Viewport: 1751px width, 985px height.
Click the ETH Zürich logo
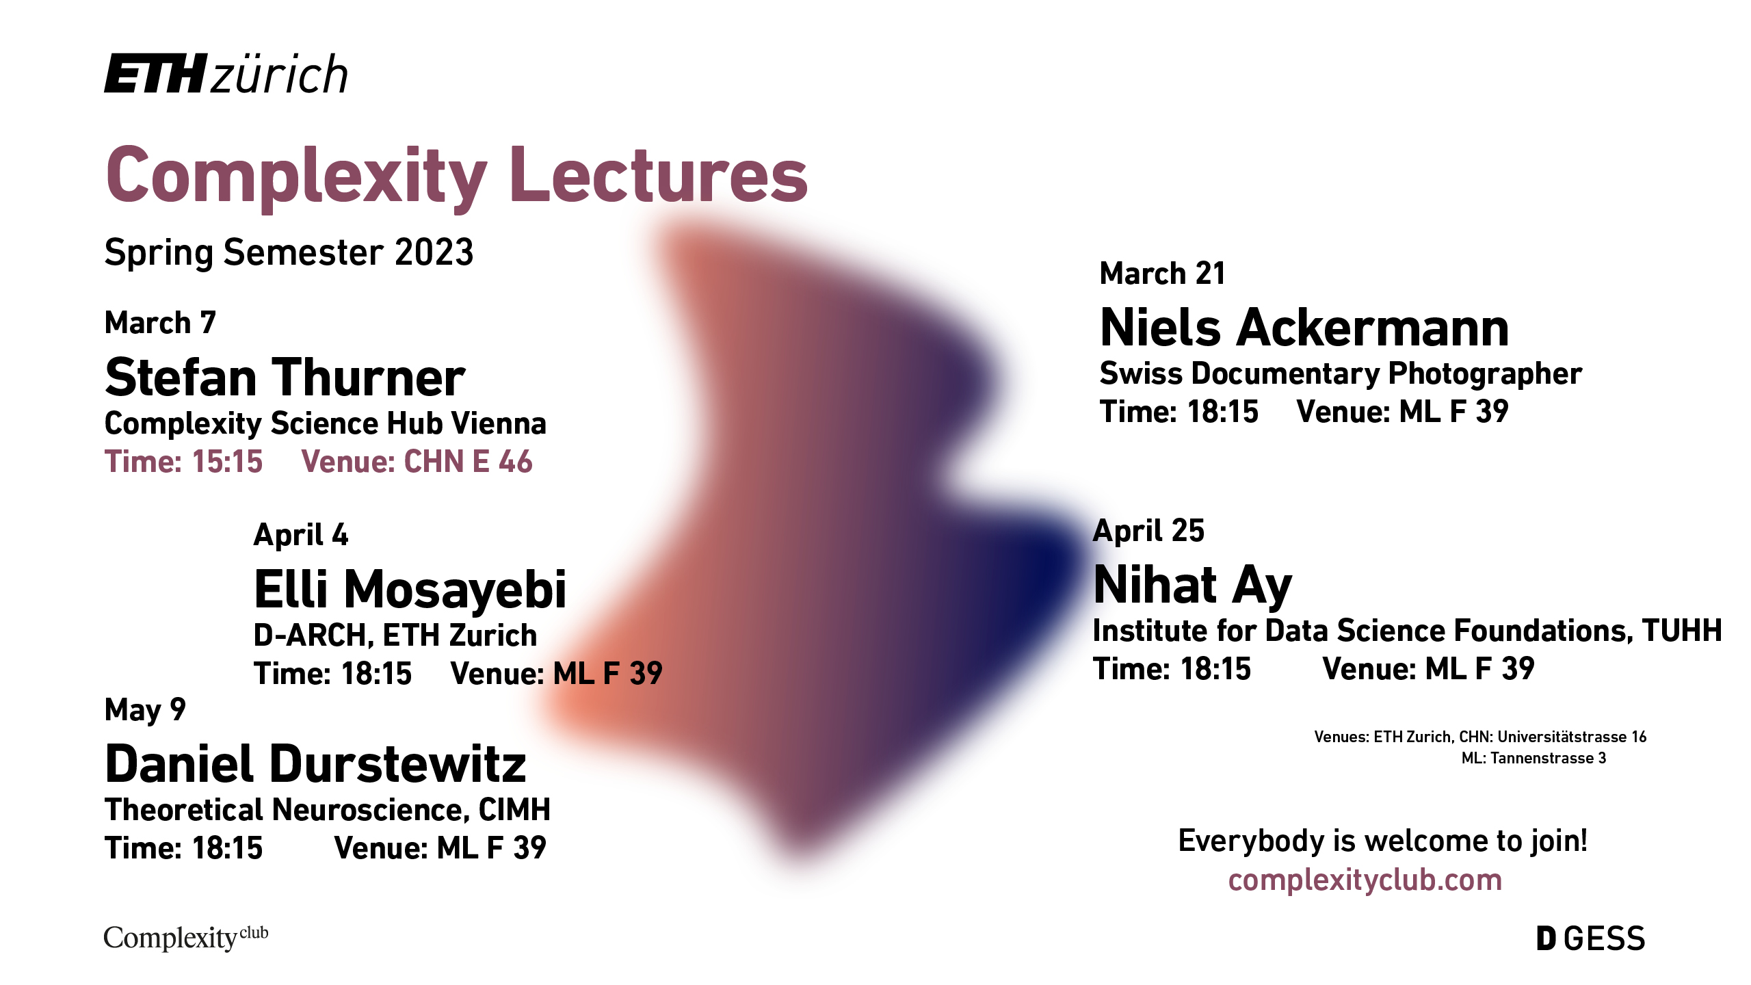[x=226, y=73]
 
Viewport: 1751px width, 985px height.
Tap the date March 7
[x=160, y=323]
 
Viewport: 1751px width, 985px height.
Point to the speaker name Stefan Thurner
[x=285, y=377]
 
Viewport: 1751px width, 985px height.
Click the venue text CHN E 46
[x=469, y=462]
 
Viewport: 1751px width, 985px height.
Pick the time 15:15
[x=227, y=462]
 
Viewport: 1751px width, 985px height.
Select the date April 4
[x=301, y=535]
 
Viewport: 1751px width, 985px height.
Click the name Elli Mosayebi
[x=410, y=589]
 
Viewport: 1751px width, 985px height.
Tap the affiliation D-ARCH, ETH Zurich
[x=395, y=635]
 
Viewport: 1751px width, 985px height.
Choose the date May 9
[x=145, y=710]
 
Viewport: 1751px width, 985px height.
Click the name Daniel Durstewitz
[x=315, y=763]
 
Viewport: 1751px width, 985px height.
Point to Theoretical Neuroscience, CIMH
[x=328, y=810]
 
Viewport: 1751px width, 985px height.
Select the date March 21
[x=1162, y=274]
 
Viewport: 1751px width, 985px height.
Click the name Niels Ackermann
[x=1304, y=328]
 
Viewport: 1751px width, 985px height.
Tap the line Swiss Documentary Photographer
[x=1341, y=374]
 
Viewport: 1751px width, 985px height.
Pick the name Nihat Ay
[x=1193, y=586]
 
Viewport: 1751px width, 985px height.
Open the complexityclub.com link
[x=1365, y=880]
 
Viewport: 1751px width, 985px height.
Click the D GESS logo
[x=1590, y=938]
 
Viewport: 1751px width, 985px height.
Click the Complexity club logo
[x=186, y=937]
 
